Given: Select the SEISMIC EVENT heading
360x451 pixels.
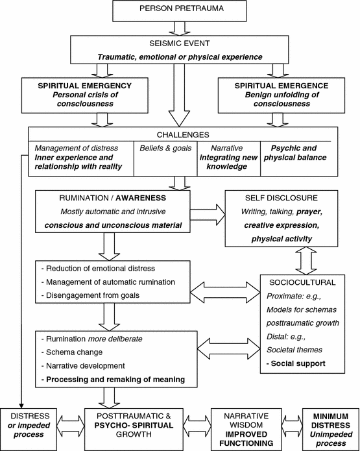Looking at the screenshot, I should pos(179,45).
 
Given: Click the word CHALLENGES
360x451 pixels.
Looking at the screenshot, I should pos(180,136).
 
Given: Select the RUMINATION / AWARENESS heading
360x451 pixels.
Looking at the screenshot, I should pos(108,199).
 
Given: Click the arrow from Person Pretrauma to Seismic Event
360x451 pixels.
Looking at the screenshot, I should pos(179,28).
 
